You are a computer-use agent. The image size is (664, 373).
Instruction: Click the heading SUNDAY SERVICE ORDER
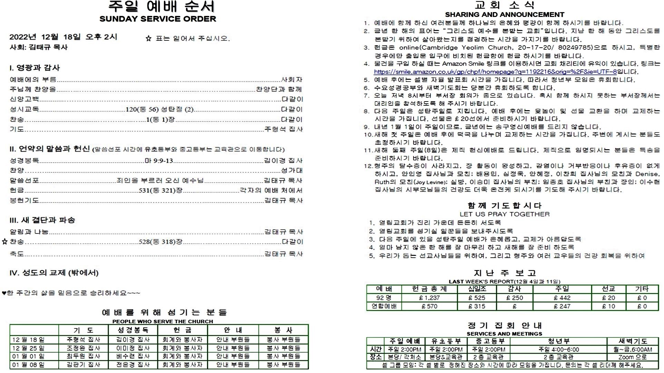[158, 19]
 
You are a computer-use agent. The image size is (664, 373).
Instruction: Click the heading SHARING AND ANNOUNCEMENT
[504, 15]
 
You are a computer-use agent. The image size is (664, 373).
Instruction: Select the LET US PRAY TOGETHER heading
[504, 214]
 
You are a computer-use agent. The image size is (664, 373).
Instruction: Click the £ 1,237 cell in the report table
[429, 298]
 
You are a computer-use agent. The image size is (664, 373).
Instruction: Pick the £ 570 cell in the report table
[429, 306]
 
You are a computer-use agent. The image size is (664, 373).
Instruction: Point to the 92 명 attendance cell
[383, 298]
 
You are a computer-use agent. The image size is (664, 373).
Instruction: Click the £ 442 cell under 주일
[562, 298]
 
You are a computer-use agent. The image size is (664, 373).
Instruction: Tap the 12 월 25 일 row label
[28, 348]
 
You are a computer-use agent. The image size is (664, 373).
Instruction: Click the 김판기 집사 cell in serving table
[83, 365]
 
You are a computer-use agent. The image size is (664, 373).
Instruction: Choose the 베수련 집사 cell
[133, 356]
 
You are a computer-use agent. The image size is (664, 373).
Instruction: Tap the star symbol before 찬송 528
[4, 242]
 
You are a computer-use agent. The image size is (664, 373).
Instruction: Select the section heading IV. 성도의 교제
[54, 273]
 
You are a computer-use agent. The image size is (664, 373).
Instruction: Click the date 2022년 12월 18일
[45, 37]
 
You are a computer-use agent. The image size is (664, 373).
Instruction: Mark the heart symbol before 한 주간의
[4, 293]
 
